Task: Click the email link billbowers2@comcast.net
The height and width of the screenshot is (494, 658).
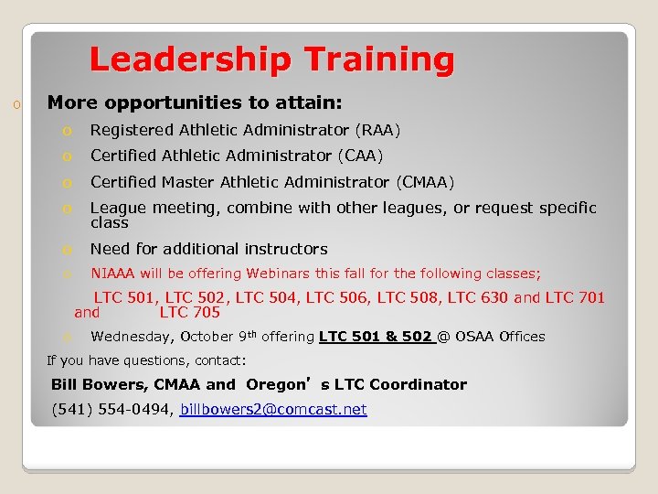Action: click(273, 410)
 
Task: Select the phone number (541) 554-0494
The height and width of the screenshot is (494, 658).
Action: click(111, 410)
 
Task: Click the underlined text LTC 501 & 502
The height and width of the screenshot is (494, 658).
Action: click(375, 337)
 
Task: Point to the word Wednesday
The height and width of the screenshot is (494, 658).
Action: click(130, 337)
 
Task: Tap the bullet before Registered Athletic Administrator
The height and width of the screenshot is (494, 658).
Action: click(67, 131)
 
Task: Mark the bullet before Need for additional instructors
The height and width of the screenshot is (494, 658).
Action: click(67, 250)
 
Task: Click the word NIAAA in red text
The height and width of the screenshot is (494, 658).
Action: click(112, 274)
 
